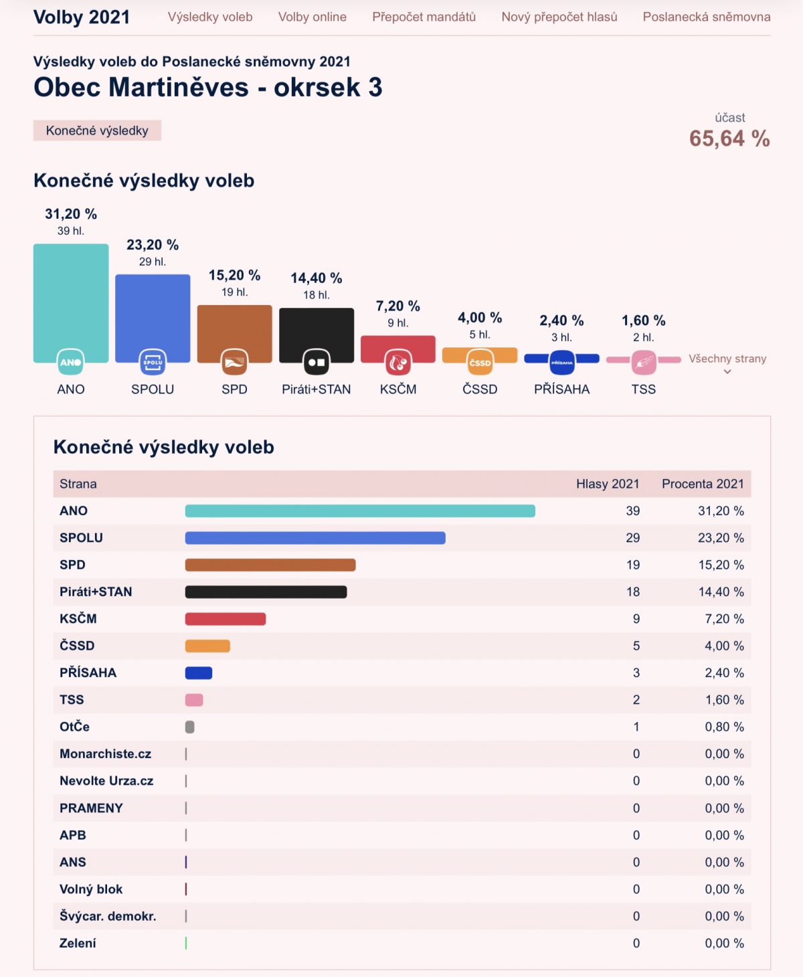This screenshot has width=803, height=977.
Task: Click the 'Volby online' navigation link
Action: point(312,17)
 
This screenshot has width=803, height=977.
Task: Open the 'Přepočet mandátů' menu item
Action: point(424,17)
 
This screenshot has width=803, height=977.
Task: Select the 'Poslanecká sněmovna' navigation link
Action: point(706,17)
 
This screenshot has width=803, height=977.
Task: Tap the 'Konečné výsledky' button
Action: point(97,130)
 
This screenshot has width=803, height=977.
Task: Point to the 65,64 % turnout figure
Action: point(729,139)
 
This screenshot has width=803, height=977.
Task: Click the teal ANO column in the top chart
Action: point(71,294)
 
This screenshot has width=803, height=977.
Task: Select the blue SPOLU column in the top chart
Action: point(153,311)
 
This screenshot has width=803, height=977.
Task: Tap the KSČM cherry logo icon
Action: point(398,363)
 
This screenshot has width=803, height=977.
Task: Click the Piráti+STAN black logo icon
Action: point(317,363)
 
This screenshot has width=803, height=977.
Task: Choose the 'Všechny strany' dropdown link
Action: point(727,359)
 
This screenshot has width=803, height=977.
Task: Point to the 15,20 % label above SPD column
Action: point(234,275)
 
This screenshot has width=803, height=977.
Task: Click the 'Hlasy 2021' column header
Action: point(608,484)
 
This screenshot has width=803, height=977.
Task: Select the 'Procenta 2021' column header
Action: point(703,484)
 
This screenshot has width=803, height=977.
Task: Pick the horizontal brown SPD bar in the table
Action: point(270,565)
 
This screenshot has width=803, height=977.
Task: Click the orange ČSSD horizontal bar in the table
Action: point(207,646)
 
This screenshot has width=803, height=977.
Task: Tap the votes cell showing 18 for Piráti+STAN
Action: point(633,592)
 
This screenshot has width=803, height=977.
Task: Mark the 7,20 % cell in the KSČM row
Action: point(724,619)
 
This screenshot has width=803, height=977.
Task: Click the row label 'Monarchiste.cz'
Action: point(105,753)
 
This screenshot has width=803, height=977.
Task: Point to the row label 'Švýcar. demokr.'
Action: point(108,916)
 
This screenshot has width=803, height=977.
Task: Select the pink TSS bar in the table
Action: point(194,700)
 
